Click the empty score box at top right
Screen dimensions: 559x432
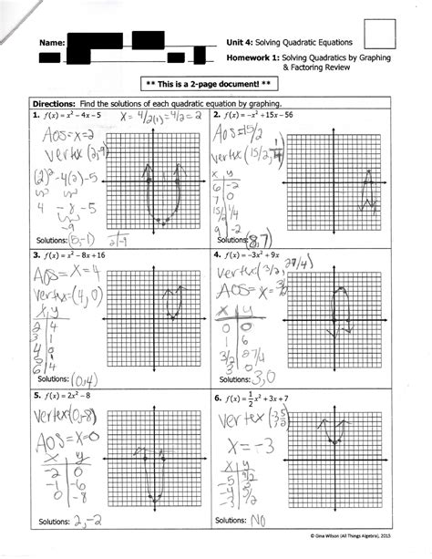point(380,32)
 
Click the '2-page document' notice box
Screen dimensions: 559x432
point(217,83)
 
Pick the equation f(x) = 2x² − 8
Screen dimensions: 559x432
point(67,398)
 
